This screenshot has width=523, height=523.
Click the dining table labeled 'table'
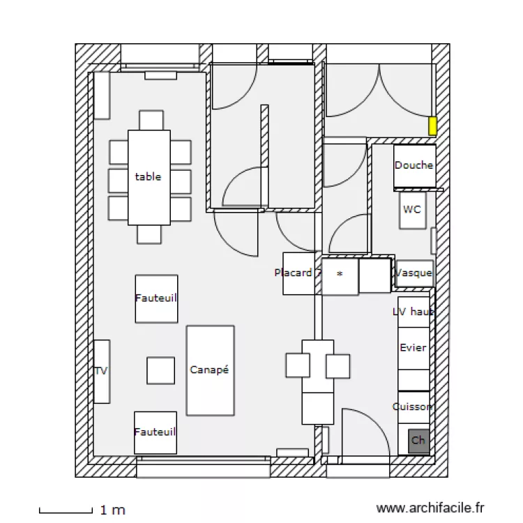pyautogui.click(x=149, y=177)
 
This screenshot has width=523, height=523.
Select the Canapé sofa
pyautogui.click(x=210, y=370)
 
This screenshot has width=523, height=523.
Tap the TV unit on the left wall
pyautogui.click(x=101, y=371)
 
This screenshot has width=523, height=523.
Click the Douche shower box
pyautogui.click(x=414, y=166)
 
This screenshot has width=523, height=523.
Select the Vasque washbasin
pyautogui.click(x=414, y=273)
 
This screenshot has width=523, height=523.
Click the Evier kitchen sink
pyautogui.click(x=414, y=348)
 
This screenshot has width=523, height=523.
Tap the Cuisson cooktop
pyautogui.click(x=414, y=407)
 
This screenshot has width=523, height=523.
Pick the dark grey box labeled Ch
pyautogui.click(x=418, y=441)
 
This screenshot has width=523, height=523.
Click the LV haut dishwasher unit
pyautogui.click(x=414, y=312)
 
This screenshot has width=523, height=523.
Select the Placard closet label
pyautogui.click(x=294, y=273)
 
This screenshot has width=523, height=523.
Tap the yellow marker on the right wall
pyautogui.click(x=432, y=126)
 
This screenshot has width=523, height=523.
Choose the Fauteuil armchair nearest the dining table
pyautogui.click(x=156, y=298)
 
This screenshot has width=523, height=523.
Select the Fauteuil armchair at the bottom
pyautogui.click(x=155, y=432)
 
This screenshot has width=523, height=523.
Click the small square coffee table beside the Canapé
pyautogui.click(x=160, y=370)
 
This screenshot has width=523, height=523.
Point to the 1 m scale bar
pyautogui.click(x=66, y=510)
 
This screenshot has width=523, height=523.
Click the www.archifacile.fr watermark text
pyautogui.click(x=430, y=510)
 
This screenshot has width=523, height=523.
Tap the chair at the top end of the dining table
pyautogui.click(x=151, y=120)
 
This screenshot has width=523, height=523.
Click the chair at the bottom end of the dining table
pyautogui.click(x=149, y=234)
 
